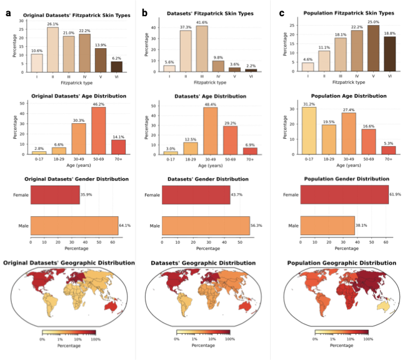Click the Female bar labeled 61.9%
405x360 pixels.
344,195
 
